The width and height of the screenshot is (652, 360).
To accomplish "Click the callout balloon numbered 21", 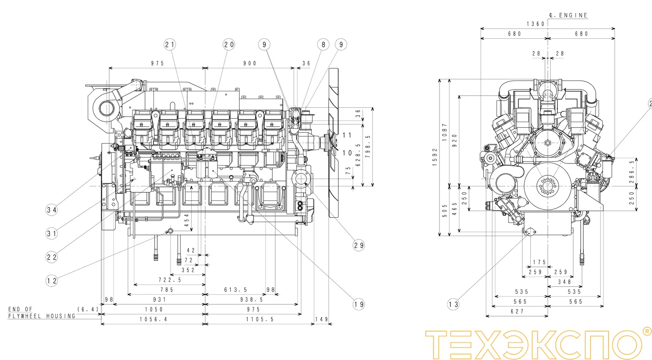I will (170, 44).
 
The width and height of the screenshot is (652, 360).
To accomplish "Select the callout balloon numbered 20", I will (229, 44).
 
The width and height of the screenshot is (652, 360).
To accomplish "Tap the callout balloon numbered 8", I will (323, 44).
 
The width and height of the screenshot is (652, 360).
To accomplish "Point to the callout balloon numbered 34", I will (52, 210).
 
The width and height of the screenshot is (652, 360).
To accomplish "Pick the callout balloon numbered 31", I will (52, 233).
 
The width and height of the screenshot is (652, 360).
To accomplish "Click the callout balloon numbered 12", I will (52, 280).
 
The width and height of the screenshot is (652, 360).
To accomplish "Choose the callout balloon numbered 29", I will (359, 245).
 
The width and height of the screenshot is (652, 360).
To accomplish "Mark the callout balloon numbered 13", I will (453, 304).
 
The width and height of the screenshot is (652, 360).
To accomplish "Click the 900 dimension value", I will (250, 63).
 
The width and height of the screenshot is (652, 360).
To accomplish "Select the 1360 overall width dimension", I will (536, 24).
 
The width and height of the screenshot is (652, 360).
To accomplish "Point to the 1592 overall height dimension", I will (435, 157).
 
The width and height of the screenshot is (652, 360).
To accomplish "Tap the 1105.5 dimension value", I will (260, 319).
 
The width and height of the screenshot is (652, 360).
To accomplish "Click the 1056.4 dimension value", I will (153, 319).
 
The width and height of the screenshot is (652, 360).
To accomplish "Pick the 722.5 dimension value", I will (170, 280).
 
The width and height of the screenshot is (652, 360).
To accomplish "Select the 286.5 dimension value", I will (632, 171).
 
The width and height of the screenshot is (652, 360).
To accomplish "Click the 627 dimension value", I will (517, 311).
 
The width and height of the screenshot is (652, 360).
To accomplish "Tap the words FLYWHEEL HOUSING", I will (42, 316).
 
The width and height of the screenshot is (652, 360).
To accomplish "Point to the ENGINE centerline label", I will (569, 15).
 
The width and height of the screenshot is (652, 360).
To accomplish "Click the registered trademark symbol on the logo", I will (646, 332).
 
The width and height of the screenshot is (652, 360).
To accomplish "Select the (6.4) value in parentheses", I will (88, 309).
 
